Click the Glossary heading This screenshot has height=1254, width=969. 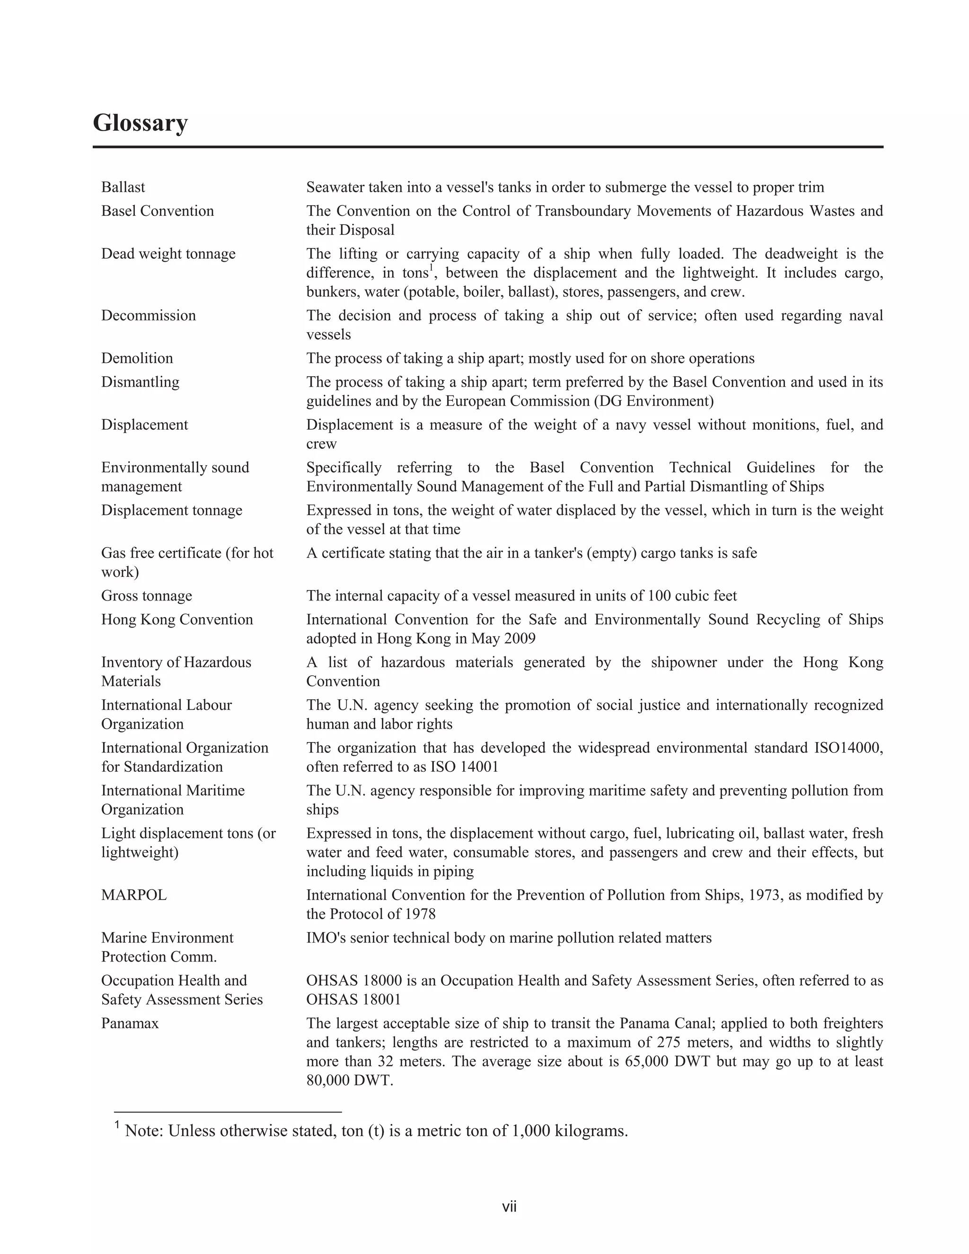[140, 123]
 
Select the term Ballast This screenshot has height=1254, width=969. [123, 187]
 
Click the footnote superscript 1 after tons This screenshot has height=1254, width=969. [431, 267]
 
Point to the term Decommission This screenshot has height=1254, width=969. [148, 315]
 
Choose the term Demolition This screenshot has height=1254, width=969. [137, 358]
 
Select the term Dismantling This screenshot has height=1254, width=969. [140, 382]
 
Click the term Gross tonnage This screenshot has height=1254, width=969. [146, 595]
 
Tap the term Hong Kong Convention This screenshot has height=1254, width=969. [177, 619]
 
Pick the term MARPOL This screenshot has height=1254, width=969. [134, 895]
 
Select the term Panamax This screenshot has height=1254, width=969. [130, 1023]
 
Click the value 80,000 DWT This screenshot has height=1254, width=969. [349, 1080]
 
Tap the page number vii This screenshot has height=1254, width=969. [509, 1207]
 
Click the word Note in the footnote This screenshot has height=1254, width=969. [143, 1131]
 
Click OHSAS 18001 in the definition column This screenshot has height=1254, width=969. [353, 999]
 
